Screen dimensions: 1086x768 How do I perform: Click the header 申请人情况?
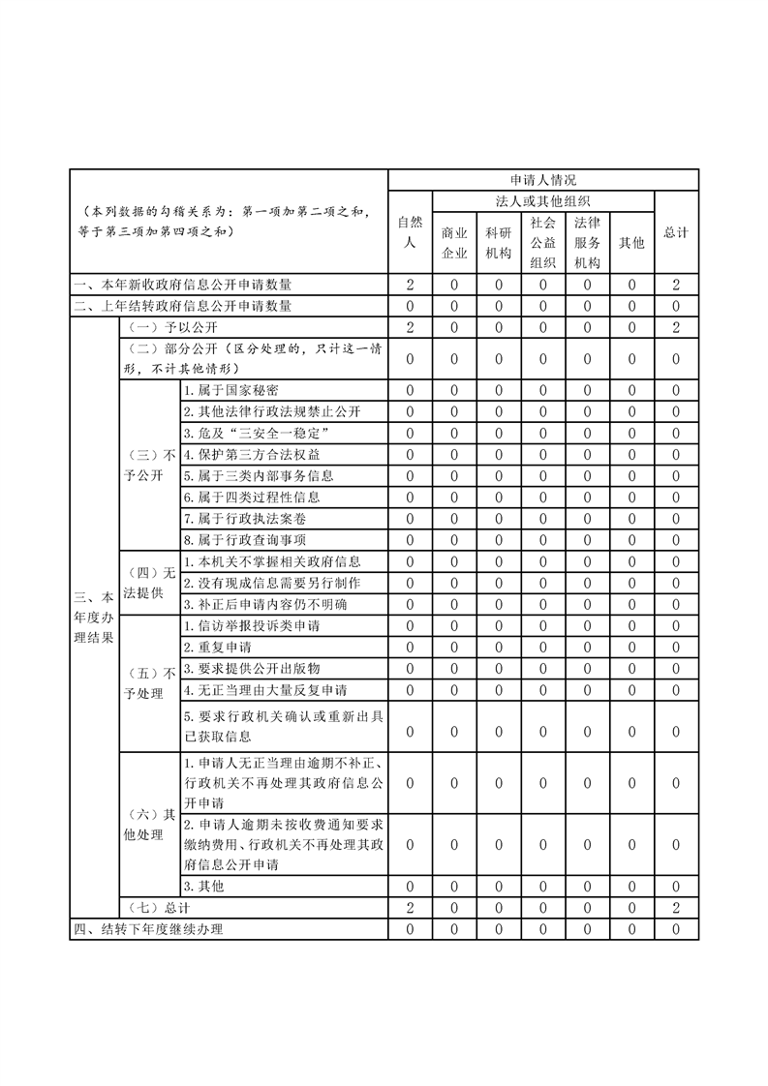(x=542, y=180)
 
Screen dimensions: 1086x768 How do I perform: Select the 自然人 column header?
(x=411, y=232)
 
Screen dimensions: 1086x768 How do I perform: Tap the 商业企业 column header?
(x=454, y=243)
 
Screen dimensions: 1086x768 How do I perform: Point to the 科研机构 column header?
(x=499, y=243)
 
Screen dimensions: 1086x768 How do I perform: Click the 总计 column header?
(x=676, y=232)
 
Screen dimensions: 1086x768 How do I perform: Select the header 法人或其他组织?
(x=542, y=201)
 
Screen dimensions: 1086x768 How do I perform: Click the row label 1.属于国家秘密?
(x=231, y=390)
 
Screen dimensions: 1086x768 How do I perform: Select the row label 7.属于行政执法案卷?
(x=238, y=518)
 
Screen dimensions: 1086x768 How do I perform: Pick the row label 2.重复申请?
(x=212, y=647)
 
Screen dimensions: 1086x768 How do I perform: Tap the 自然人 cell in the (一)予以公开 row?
(x=411, y=327)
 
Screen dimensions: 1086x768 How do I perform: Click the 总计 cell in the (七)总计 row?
(x=676, y=908)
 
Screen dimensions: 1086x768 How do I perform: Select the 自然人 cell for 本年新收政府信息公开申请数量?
(x=411, y=285)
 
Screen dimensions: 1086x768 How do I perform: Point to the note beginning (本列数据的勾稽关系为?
(x=228, y=222)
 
